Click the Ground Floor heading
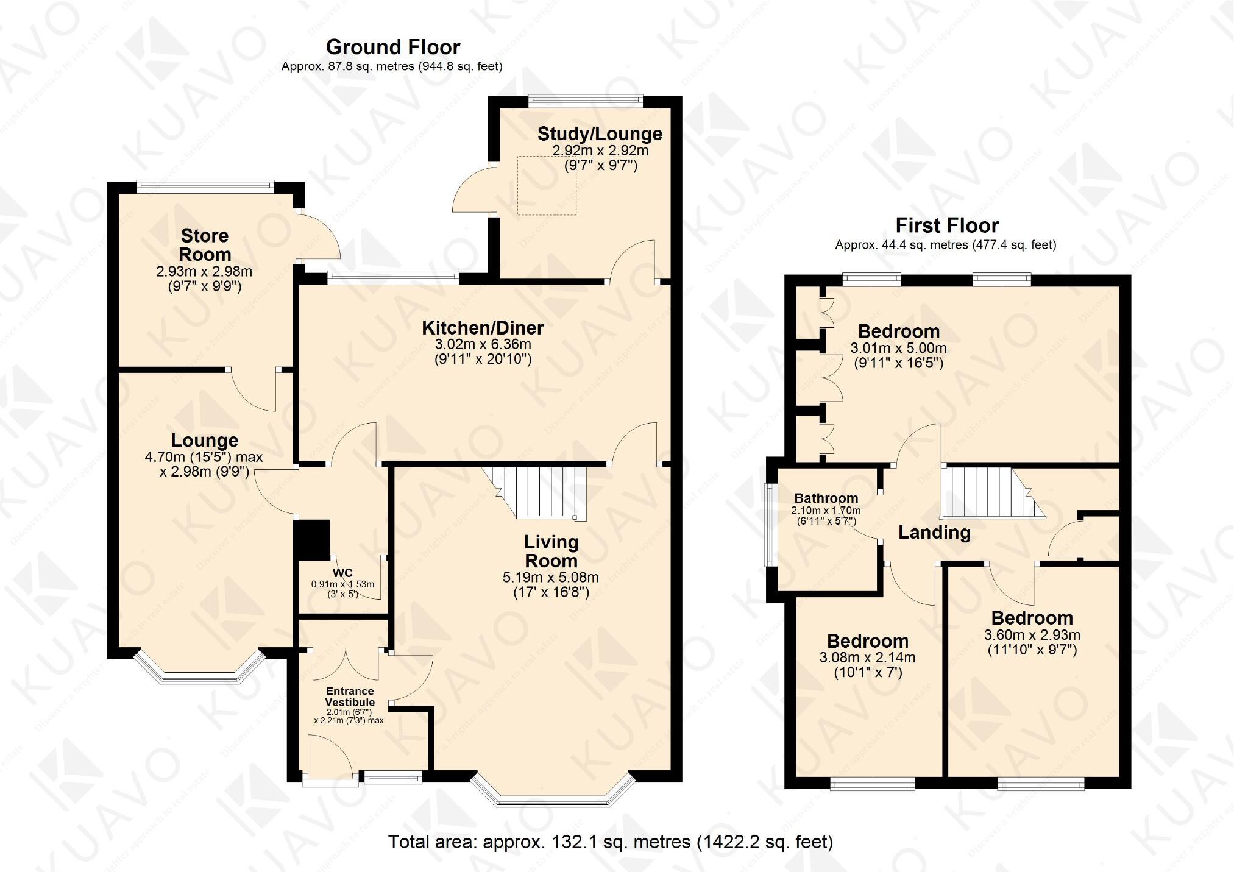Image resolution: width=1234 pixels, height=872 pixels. pos(393,47)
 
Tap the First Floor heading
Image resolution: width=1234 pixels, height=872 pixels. pos(947,225)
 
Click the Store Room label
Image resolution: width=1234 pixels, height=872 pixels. pos(205,245)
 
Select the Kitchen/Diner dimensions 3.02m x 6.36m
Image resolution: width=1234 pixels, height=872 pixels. pos(483,344)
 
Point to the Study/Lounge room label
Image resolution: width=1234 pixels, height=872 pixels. pos(600,133)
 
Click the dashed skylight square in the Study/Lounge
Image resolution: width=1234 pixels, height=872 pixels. pos(547,185)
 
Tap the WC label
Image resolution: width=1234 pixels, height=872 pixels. pos(342,573)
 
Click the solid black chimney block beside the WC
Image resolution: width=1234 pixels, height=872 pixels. pos(312,539)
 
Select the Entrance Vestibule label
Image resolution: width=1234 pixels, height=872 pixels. pos(350,697)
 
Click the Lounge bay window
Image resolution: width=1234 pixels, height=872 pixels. pos(199,670)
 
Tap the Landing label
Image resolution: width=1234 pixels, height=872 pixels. pos(934,533)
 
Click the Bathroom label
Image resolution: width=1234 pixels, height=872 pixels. pos(826,498)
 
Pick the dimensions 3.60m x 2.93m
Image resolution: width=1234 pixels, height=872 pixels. pos(1032,635)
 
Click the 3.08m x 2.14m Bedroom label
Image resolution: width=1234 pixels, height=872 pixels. pos(867,641)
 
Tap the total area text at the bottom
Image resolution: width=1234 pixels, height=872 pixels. pos(610,842)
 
